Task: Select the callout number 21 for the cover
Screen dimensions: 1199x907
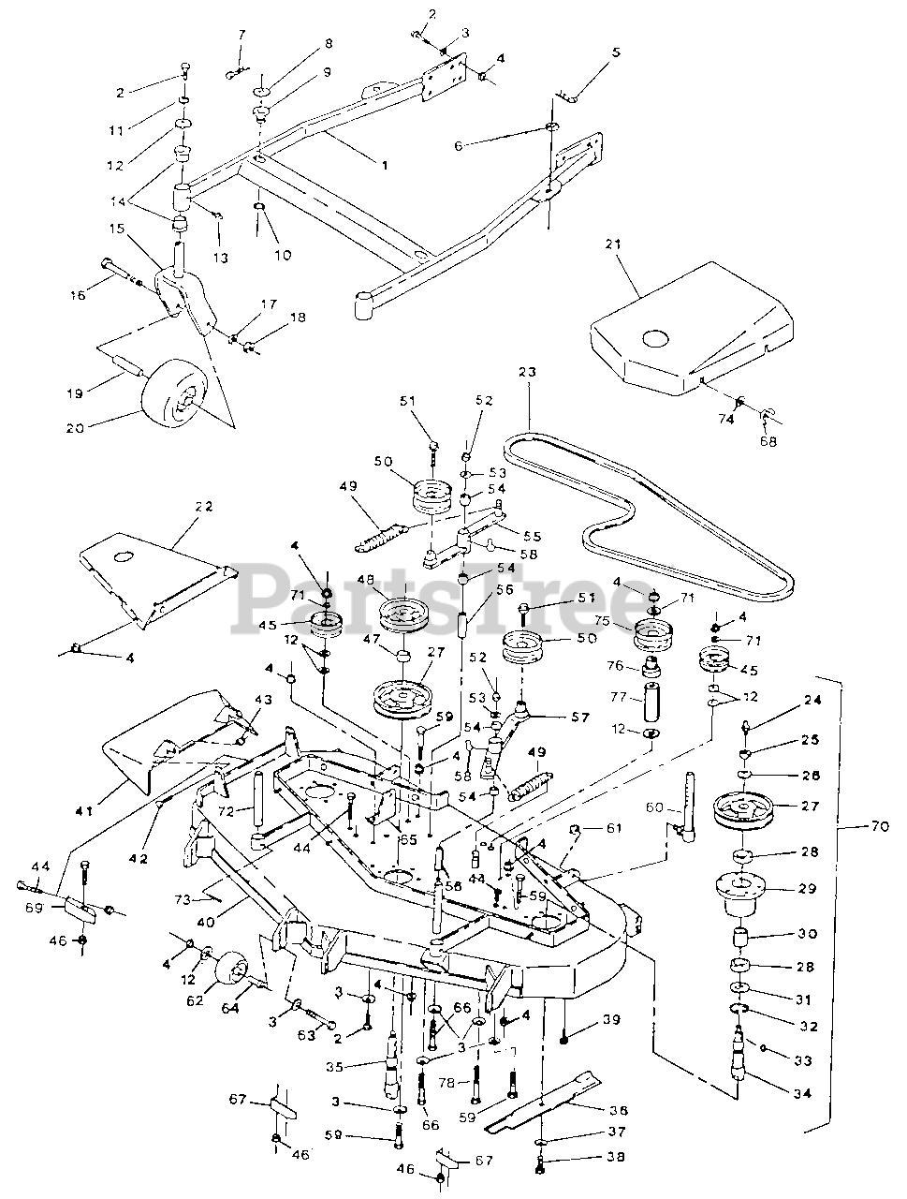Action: (639, 270)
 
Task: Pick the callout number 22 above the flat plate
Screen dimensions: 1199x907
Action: (202, 507)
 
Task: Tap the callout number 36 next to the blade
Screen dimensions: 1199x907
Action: (618, 1110)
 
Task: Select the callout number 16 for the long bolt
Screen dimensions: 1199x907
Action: (77, 295)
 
